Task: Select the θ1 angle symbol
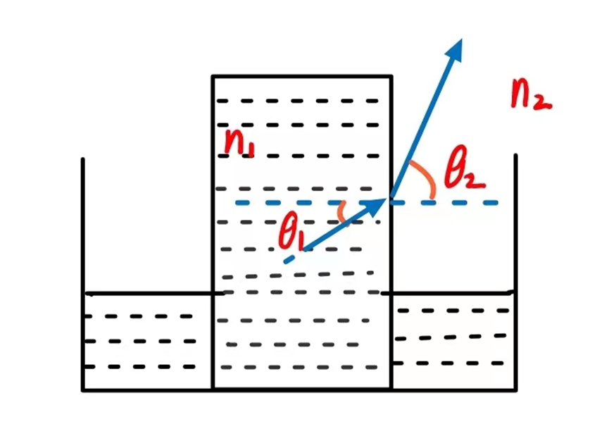290,232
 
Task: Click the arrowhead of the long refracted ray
456,47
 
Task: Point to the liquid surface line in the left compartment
148,293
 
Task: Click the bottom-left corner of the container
83,389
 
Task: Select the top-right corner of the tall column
391,76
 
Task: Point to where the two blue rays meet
389,201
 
